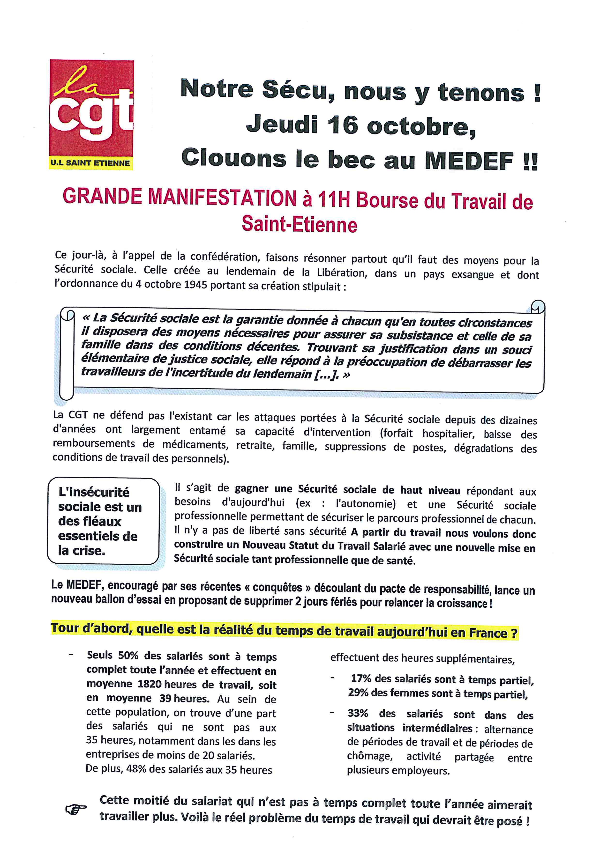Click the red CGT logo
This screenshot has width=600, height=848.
pos(92,109)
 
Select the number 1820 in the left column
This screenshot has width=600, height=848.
pos(149,684)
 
